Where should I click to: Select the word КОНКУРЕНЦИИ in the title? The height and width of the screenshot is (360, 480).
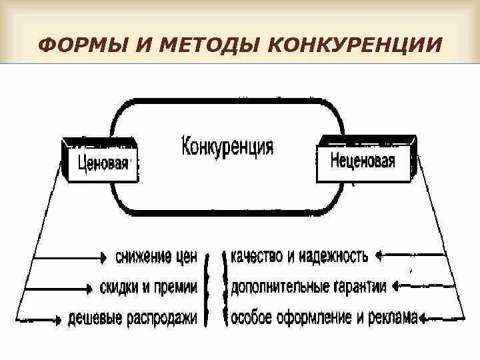(x=354, y=45)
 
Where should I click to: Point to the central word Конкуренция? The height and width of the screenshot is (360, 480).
(x=227, y=146)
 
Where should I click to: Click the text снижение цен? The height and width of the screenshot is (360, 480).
(x=157, y=257)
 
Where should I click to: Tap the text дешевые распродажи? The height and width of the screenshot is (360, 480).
(x=133, y=319)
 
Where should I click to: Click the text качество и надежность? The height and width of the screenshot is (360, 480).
(x=299, y=256)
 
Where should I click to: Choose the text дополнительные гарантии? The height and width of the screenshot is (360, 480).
(x=308, y=287)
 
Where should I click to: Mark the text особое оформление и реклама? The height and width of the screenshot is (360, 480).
(x=323, y=318)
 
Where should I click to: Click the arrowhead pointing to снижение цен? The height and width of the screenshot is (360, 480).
(x=103, y=257)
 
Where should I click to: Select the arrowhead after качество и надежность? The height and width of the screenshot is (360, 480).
(x=378, y=255)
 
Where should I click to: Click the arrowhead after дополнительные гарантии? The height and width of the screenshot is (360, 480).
(x=395, y=287)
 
